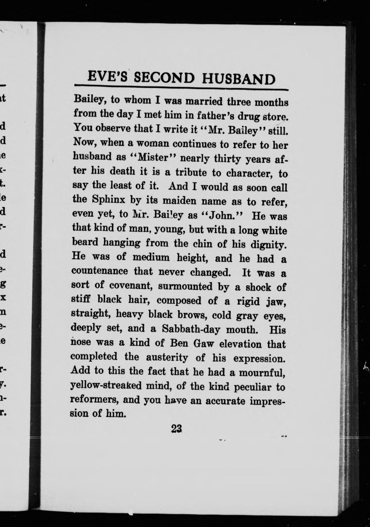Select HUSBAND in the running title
(238, 79)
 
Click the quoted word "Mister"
(153, 157)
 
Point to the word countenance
(100, 271)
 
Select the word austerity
(167, 358)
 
